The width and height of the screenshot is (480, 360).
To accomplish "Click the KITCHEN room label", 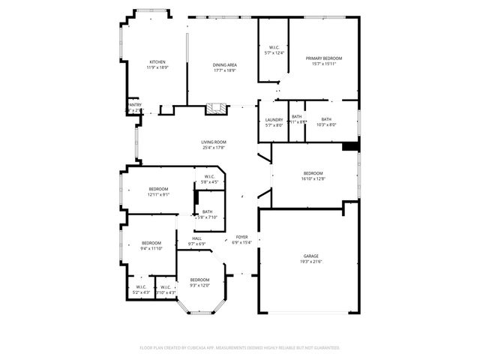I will (x=157, y=62).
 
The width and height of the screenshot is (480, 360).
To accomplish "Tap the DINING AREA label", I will (x=225, y=65).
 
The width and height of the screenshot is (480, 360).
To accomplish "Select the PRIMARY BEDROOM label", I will (x=323, y=58).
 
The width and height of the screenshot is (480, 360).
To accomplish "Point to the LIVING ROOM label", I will (x=214, y=142).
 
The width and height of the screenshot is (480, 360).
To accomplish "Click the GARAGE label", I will (x=310, y=256).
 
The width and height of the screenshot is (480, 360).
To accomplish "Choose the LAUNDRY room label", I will (x=274, y=119).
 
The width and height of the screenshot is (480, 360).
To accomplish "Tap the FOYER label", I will (x=241, y=237).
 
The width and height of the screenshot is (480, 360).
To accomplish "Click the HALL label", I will (x=196, y=238).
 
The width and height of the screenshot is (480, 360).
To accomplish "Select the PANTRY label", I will (x=134, y=105).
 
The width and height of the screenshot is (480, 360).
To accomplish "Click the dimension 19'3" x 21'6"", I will (x=310, y=262).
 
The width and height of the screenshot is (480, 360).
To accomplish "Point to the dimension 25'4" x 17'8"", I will (x=214, y=147).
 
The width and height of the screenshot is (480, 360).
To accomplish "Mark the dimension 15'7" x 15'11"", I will (x=323, y=64).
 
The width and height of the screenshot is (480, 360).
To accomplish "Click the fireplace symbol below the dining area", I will (x=217, y=107).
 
